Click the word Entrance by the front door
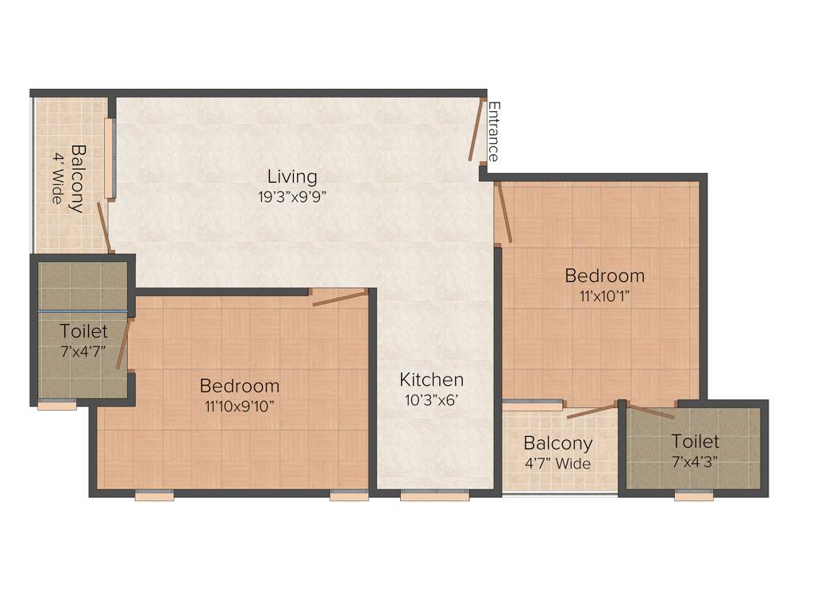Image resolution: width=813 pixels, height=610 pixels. [493, 132]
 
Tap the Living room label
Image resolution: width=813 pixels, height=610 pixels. [291, 176]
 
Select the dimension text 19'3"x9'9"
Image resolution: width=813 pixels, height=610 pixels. [291, 197]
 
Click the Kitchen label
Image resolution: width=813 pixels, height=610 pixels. [431, 380]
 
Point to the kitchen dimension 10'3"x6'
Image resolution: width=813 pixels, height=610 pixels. [431, 400]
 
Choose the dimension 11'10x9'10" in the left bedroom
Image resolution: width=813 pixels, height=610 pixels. [239, 407]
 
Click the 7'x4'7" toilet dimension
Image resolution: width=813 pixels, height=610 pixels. [83, 349]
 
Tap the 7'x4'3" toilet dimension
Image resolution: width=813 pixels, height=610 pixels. [695, 462]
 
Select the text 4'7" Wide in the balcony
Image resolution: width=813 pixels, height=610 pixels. [557, 464]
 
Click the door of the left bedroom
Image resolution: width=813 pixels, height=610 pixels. [339, 298]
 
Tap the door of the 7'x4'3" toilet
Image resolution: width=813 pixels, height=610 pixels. [649, 411]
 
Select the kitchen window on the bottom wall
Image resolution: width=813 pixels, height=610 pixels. [434, 496]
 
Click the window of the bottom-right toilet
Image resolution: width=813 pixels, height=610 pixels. [694, 496]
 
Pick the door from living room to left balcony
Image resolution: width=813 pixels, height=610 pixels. [104, 226]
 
